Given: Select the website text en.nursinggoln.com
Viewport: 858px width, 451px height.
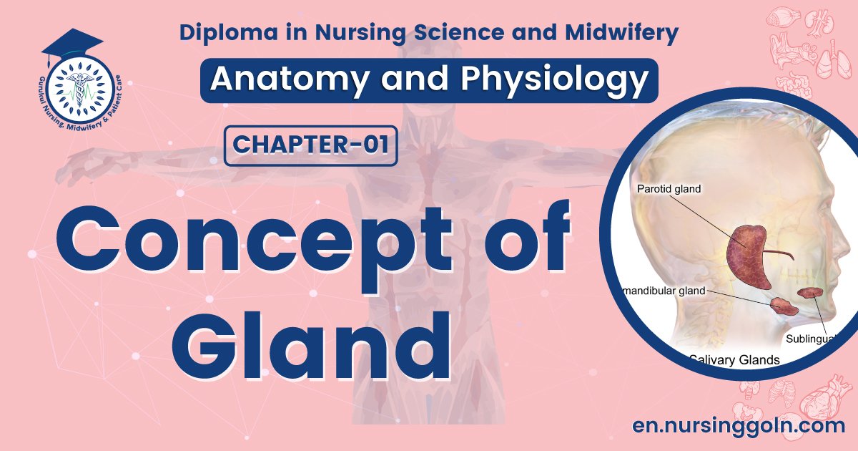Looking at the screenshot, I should click(x=739, y=425).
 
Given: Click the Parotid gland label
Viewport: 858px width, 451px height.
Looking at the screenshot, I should click(x=669, y=189).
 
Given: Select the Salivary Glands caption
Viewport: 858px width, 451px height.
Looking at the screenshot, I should click(x=734, y=360).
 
